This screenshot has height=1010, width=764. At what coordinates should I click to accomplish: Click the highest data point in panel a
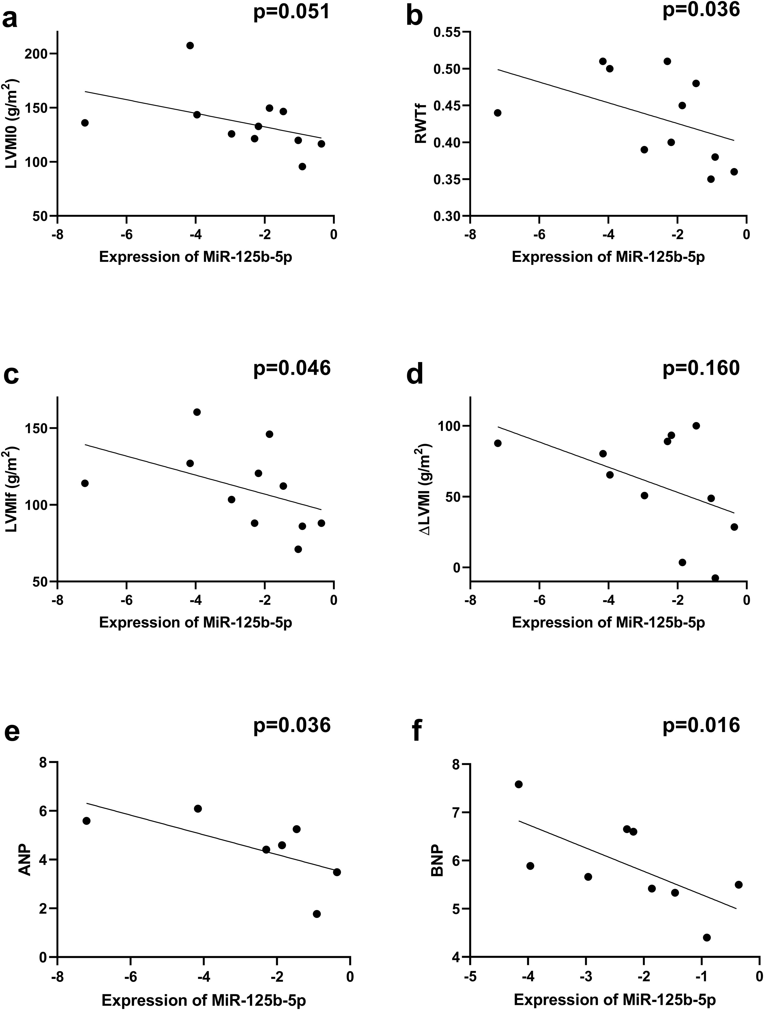pos(190,45)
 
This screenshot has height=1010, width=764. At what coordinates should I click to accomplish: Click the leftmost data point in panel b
pos(498,113)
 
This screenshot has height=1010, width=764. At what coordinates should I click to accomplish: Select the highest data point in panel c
pos(197,412)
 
